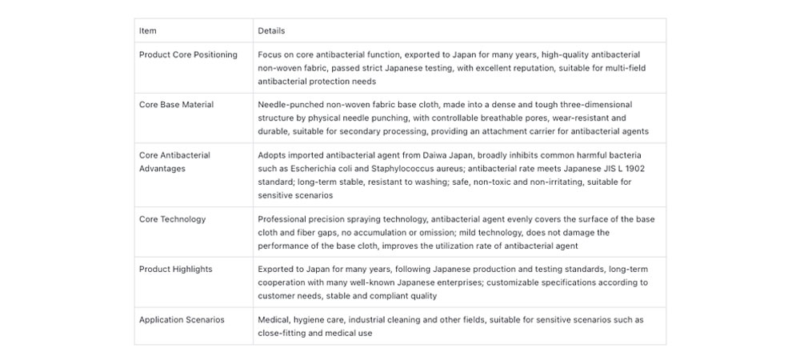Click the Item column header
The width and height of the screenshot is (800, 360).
tap(148, 31)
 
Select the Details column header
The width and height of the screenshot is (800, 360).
tap(271, 31)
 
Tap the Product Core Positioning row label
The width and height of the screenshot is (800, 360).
tap(188, 54)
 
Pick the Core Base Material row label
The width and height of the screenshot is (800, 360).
tap(176, 105)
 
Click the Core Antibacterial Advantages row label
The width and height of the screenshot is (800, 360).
tap(174, 162)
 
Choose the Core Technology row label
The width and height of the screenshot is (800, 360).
tap(172, 219)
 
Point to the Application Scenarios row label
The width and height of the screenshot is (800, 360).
tap(182, 320)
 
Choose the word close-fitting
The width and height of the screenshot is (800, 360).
tap(284, 333)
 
